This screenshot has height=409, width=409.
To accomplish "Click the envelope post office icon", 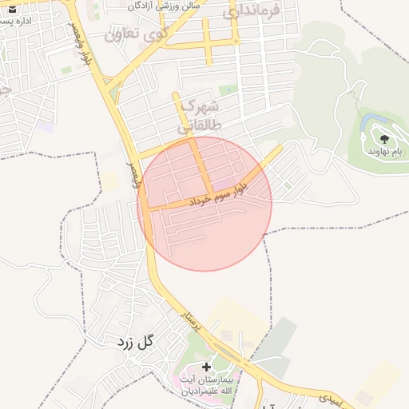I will click(11, 9).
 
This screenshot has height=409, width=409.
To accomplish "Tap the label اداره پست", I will click(17, 22).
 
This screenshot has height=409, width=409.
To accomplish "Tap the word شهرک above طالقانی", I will click(200, 105).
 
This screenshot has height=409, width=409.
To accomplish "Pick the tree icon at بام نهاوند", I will click(384, 139).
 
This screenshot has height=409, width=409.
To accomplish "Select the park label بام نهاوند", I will click(384, 151).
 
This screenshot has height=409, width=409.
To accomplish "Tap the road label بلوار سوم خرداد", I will click(220, 195).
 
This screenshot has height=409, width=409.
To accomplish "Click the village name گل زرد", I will click(134, 343).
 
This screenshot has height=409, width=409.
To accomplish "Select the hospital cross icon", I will click(206, 366).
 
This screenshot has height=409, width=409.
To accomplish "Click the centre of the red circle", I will click(204, 204).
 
